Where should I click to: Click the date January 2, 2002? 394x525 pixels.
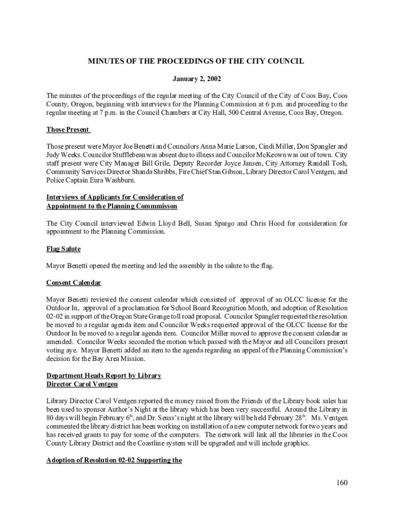196,79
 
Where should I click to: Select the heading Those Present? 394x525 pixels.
68,129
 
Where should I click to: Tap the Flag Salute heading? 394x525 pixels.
63,249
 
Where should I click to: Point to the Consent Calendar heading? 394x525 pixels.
73,282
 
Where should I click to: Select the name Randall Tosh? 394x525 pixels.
325,163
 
